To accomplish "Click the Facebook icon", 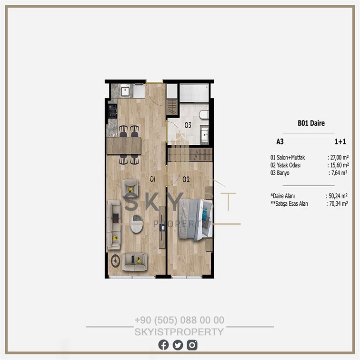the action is tap(163, 345).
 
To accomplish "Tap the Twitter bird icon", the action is tap(178, 345).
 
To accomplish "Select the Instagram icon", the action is tap(192, 345).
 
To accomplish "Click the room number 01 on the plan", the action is tap(153, 179).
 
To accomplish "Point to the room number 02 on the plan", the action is tap(186, 179).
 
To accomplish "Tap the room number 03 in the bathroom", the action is tap(188, 125).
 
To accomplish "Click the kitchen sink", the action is tap(125, 91).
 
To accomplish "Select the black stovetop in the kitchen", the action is tap(112, 111).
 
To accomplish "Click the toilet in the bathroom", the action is tap(204, 114).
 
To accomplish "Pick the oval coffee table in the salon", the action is tap(137, 224).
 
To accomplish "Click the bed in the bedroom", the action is tap(195, 220).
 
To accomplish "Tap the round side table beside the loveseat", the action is tap(115, 261).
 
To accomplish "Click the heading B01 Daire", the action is tap(311, 123).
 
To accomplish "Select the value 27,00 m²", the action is tap(340, 158).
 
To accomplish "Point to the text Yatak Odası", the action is tap(289, 165).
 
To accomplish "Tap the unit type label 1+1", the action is tap(340, 141).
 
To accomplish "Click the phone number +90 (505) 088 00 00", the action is tap(180, 320).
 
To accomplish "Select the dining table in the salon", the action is tap(124, 146).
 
